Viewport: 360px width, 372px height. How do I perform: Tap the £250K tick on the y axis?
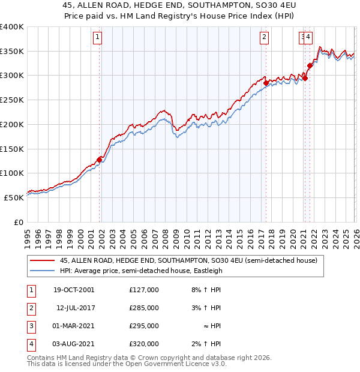tap(11, 100)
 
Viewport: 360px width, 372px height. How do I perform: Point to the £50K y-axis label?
tap(13, 197)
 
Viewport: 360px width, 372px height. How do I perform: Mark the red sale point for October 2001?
tap(100, 160)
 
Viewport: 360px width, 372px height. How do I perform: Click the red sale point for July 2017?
tap(266, 83)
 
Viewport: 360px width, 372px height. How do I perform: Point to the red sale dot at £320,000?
tap(310, 66)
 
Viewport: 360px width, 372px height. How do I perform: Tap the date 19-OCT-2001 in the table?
tap(73, 290)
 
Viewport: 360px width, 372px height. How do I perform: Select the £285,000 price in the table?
tap(143, 308)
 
